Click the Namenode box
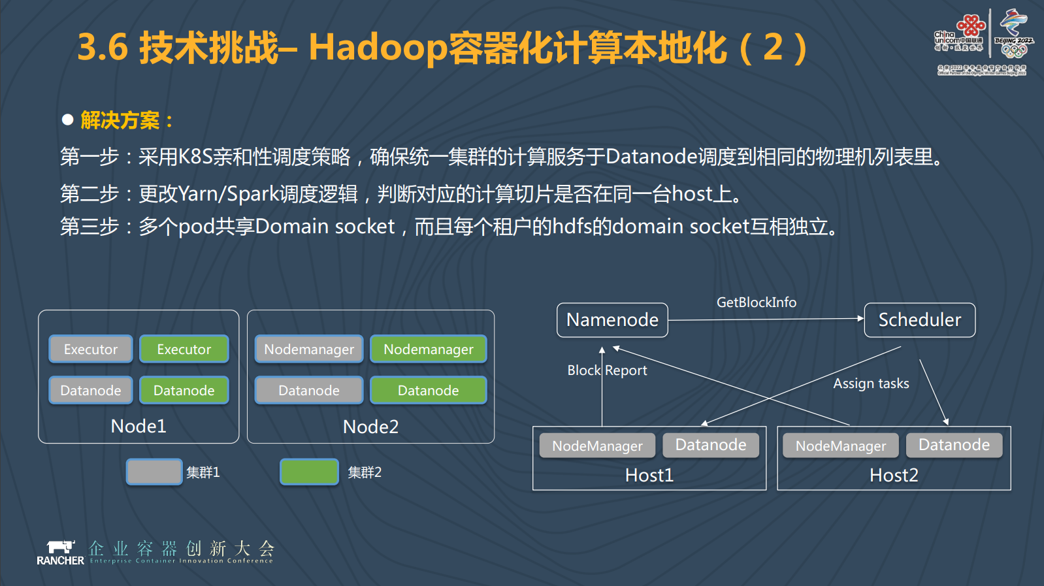tap(612, 320)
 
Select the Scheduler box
tap(919, 320)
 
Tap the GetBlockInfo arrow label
tap(756, 302)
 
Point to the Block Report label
tap(607, 370)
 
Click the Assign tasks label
tap(871, 383)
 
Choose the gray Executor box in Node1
tap(91, 350)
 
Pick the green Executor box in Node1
tap(184, 350)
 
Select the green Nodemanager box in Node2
tap(428, 350)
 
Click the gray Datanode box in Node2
tap(308, 391)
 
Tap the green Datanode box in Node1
tap(184, 391)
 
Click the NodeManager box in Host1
tap(597, 446)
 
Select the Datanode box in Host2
tap(954, 445)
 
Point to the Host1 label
tap(649, 476)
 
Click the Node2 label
tap(370, 427)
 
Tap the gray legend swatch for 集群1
tap(154, 472)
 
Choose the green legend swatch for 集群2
tap(309, 472)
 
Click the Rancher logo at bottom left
tap(60, 552)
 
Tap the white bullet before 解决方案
tap(67, 120)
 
